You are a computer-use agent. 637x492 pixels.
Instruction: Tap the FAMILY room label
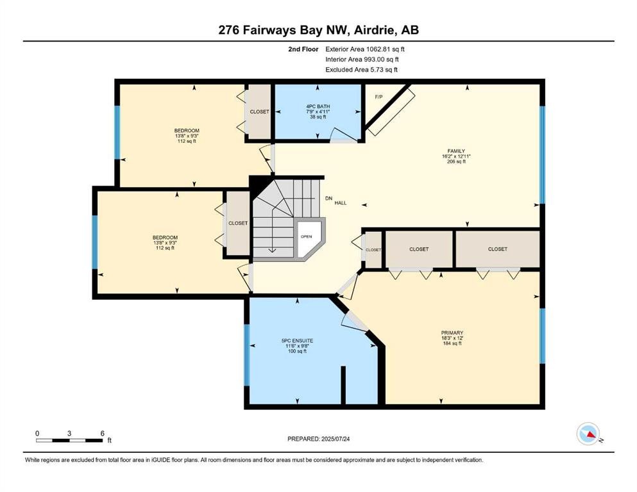(x=455, y=151)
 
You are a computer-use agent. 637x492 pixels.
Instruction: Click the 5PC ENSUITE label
(x=296, y=340)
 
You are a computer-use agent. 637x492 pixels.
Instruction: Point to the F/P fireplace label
(x=378, y=96)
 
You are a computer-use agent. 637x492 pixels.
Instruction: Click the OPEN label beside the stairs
(x=306, y=236)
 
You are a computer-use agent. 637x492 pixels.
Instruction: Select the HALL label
(x=341, y=203)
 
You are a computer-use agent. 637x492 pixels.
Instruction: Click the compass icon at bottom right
(x=588, y=434)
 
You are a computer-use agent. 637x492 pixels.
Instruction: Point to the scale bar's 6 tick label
(x=103, y=432)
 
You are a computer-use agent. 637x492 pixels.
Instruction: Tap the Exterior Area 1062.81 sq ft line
(x=365, y=49)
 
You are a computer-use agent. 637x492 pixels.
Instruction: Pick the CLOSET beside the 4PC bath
(x=260, y=111)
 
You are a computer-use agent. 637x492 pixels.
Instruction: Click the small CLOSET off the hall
(x=373, y=250)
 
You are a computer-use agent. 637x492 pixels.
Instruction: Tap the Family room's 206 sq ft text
(x=455, y=162)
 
